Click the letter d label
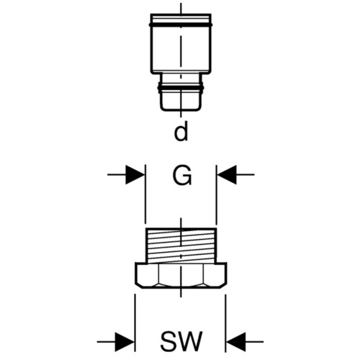pos(181,130)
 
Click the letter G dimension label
pos(182,175)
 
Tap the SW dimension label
pos(181,341)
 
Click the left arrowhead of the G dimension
pos(135,175)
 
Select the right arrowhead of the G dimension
pos(226,175)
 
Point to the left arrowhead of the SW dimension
pos(125,342)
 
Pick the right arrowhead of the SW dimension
pos(236,342)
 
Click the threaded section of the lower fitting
pos(181,246)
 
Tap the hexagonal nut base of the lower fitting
pos(181,275)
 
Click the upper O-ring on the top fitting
pos(181,24)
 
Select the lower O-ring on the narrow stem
pos(181,88)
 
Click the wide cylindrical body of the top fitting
pos(181,49)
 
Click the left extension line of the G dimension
pos(145,194)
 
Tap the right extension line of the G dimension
pos(217,194)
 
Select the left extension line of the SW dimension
pos(135,323)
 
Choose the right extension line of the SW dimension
pos(226,323)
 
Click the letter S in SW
pos(167,341)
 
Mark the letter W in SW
pos(189,341)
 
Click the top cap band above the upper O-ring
pos(181,19)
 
